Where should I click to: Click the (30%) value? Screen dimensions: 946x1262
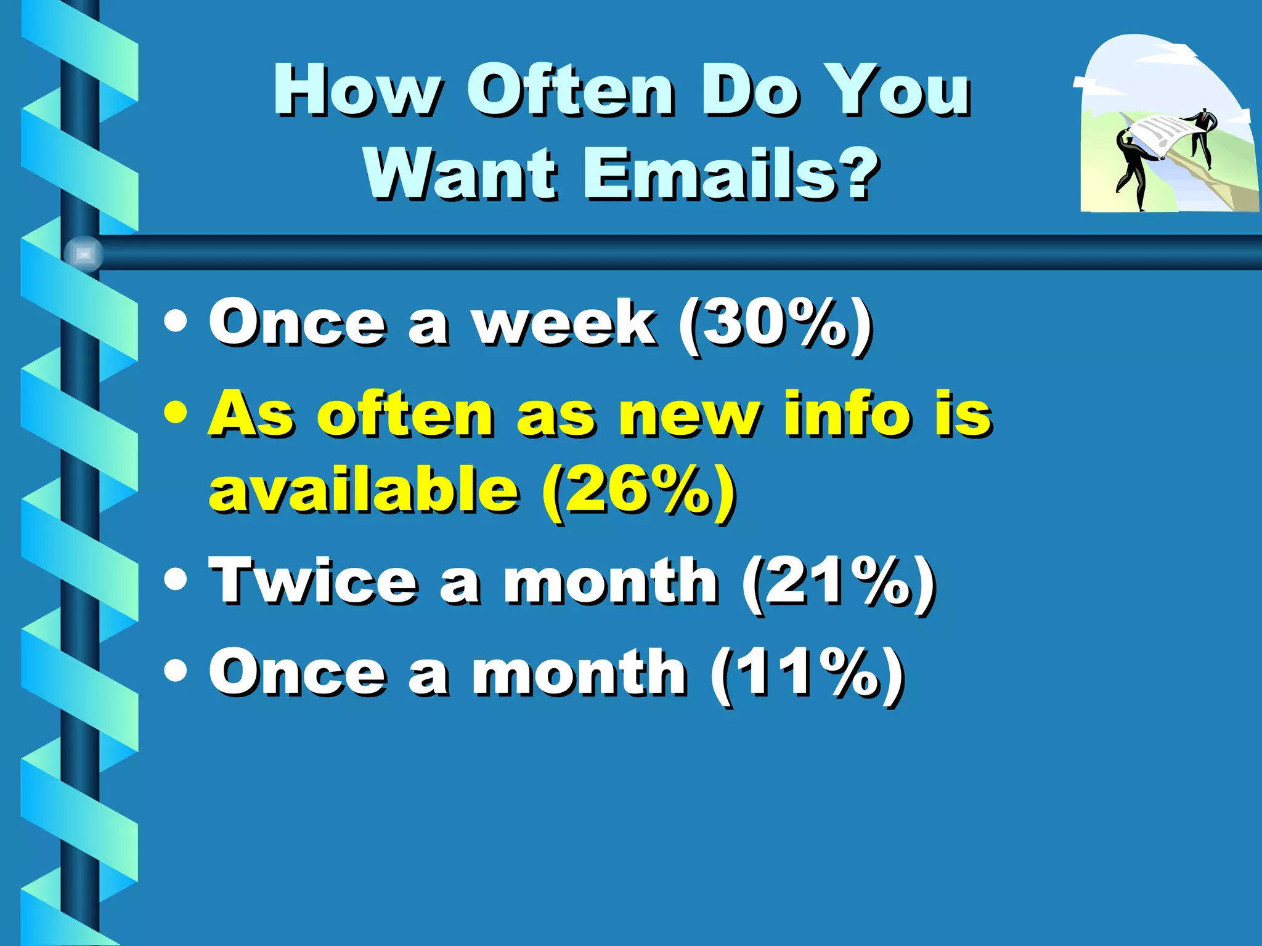pos(775,324)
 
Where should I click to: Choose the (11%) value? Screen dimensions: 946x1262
pos(807,674)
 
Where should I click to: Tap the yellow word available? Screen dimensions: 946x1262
pos(364,490)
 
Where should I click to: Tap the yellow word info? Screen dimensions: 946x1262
pos(847,413)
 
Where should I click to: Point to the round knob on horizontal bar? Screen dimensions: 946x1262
pos(84,254)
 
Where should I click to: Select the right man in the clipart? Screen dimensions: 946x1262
pos(1202,135)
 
